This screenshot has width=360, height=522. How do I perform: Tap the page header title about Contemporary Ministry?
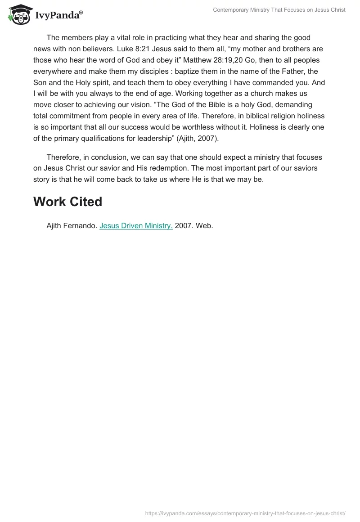point(279,10)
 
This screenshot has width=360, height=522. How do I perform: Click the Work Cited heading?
point(67,202)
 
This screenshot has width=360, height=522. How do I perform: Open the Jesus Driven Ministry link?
point(136,226)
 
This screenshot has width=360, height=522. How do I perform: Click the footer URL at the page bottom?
point(245,513)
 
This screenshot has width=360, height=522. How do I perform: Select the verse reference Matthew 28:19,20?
point(215,60)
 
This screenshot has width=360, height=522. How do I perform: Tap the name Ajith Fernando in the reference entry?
point(71,226)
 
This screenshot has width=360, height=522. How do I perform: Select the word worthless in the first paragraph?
point(209,127)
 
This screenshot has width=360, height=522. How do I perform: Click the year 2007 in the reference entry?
point(184,226)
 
